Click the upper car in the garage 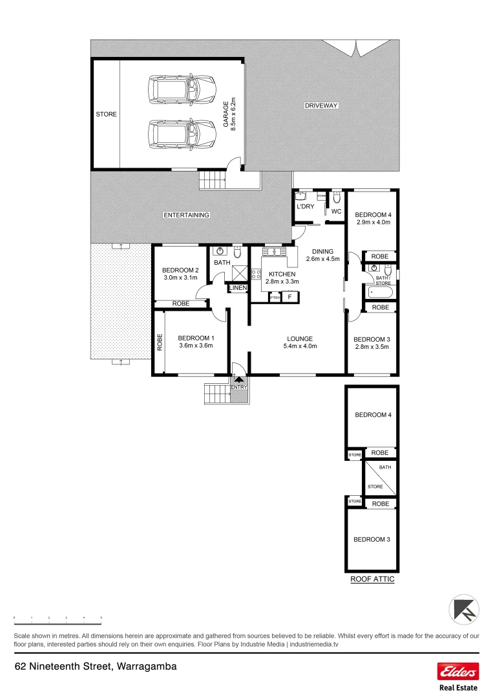click(x=182, y=89)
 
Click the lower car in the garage click(x=182, y=135)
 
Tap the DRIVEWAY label click(x=322, y=105)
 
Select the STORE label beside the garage click(x=107, y=115)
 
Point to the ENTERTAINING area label click(x=186, y=215)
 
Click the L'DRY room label click(x=305, y=206)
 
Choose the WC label click(x=336, y=211)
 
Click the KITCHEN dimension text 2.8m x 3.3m click(x=281, y=282)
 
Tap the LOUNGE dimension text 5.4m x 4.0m click(x=300, y=346)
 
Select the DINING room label click(x=322, y=252)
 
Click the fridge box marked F click(x=290, y=297)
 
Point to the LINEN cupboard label click(x=238, y=288)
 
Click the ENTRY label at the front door click(x=239, y=388)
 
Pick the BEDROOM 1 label click(x=196, y=338)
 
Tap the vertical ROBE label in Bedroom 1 click(x=160, y=342)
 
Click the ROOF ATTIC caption click(x=372, y=580)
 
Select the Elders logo click(x=458, y=671)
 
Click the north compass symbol click(x=465, y=610)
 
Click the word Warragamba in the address click(x=147, y=666)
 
